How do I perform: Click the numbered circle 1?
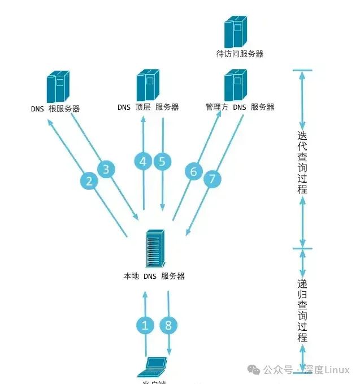click(145, 325)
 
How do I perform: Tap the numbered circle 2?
click(89, 181)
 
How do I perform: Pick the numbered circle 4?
click(143, 161)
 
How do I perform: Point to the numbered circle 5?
click(162, 161)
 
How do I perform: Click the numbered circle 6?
click(194, 171)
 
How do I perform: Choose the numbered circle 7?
click(212, 179)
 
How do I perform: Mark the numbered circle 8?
click(168, 325)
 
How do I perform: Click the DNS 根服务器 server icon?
click(58, 87)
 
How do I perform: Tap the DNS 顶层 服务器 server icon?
click(146, 86)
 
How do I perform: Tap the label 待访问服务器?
click(240, 54)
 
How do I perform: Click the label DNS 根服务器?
click(56, 109)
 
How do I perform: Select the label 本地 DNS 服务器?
click(154, 277)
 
